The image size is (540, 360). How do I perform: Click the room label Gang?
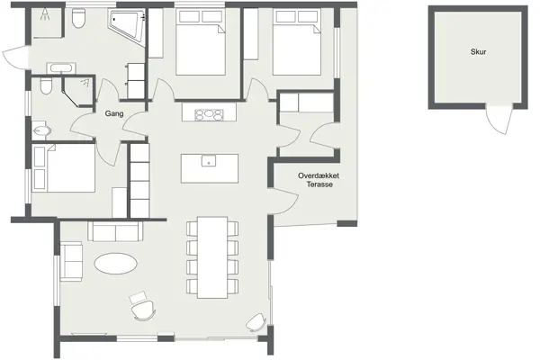pyautogui.click(x=114, y=114)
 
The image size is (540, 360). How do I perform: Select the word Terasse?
pyautogui.click(x=319, y=184)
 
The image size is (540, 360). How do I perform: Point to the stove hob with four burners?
pyautogui.click(x=210, y=113)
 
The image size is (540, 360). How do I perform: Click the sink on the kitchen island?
pyautogui.click(x=208, y=164)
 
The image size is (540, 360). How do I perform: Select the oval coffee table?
pyautogui.click(x=117, y=265)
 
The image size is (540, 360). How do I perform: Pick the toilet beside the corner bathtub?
pyautogui.click(x=79, y=19)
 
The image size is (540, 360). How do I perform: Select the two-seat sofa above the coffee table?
pyautogui.click(x=115, y=232)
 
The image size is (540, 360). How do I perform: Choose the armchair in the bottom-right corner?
pyautogui.click(x=256, y=321)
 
